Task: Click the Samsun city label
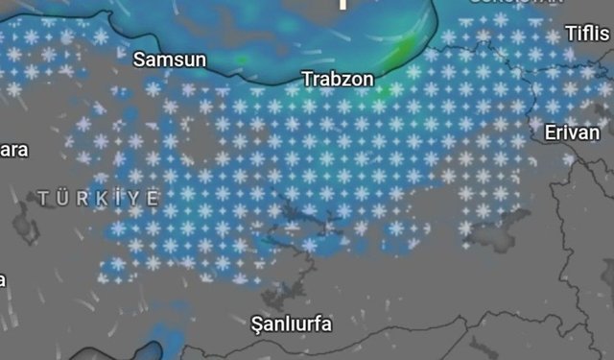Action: pyautogui.click(x=170, y=60)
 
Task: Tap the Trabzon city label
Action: pyautogui.click(x=338, y=78)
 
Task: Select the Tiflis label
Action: pyautogui.click(x=586, y=34)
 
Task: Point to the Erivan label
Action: pyautogui.click(x=571, y=132)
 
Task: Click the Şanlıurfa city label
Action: pyautogui.click(x=290, y=324)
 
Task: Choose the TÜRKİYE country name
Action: pyautogui.click(x=99, y=197)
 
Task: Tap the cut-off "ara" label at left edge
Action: pyautogui.click(x=13, y=150)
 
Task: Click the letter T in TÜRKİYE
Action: pyautogui.click(x=43, y=197)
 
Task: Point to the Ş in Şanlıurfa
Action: pyautogui.click(x=254, y=324)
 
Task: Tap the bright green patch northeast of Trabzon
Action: pyautogui.click(x=407, y=48)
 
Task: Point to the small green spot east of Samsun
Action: pyautogui.click(x=241, y=60)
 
